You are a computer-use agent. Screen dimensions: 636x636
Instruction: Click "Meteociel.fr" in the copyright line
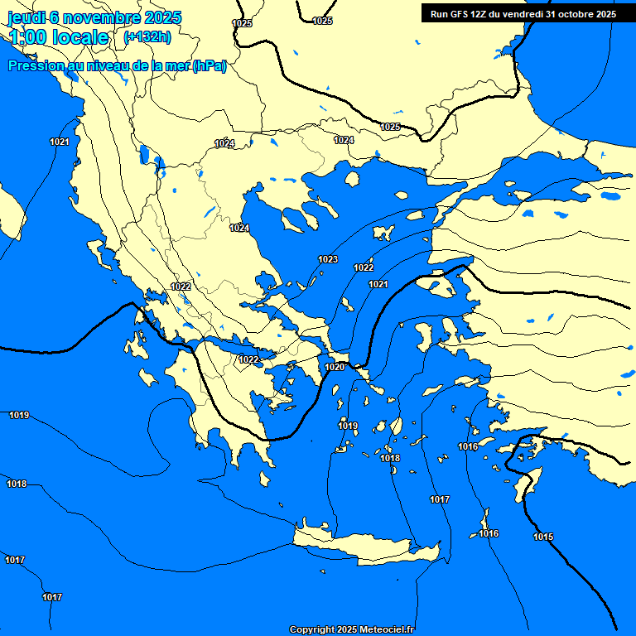tap(386, 630)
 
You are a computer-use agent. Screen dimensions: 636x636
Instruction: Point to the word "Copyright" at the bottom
tap(311, 630)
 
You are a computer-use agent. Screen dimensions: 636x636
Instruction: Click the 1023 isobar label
tap(328, 259)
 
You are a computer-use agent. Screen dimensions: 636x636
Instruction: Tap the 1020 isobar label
tap(335, 367)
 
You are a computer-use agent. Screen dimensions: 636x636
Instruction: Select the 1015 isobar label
tap(543, 537)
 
